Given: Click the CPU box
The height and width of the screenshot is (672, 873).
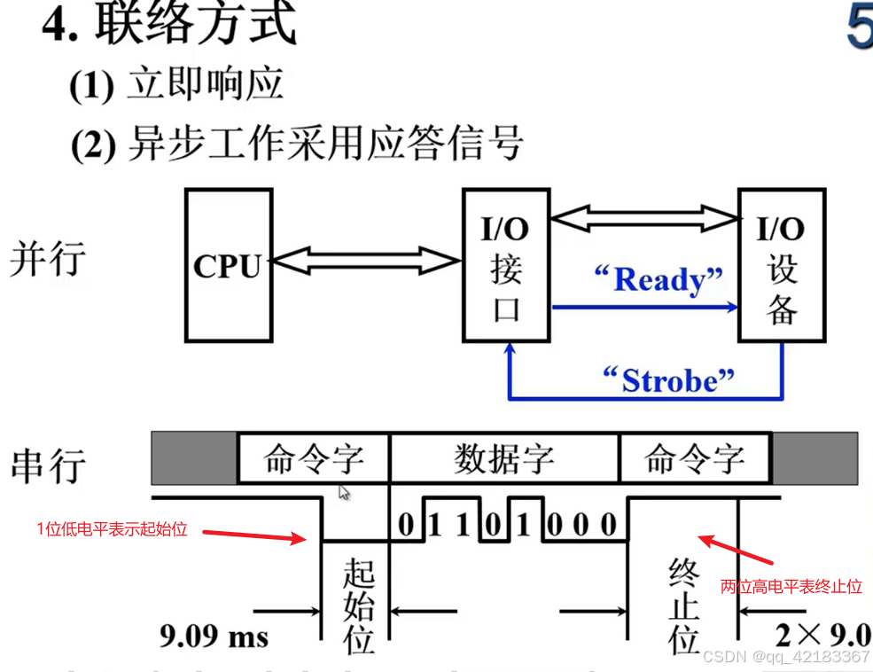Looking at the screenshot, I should [x=228, y=265].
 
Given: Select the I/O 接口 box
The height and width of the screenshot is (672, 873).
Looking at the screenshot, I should [x=506, y=265].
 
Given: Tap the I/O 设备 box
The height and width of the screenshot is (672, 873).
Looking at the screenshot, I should [x=782, y=265].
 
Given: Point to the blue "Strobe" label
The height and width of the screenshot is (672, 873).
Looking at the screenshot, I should [x=668, y=380].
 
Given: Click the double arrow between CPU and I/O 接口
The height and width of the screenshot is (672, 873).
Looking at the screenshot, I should [x=365, y=261].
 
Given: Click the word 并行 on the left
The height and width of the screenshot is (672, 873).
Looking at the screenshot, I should [x=48, y=260].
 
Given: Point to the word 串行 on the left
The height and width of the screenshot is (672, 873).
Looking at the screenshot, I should [x=49, y=465].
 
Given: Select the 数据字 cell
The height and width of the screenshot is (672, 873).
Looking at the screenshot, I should [x=504, y=458].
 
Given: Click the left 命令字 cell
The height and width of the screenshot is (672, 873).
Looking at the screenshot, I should [x=314, y=458].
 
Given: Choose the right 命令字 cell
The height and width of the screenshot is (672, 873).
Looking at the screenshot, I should [x=695, y=458].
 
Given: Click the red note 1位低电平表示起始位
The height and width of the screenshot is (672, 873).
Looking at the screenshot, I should [x=112, y=530].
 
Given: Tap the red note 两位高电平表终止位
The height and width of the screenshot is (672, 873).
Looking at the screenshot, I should [x=791, y=587].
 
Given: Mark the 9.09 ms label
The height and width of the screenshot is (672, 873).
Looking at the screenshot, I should [x=214, y=637].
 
